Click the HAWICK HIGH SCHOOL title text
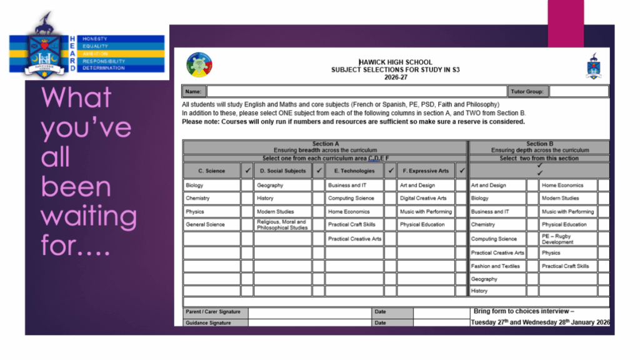click(x=395, y=62)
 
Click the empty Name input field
click(x=356, y=91)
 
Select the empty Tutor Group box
click(x=579, y=91)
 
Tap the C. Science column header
click(x=211, y=171)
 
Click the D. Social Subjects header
click(x=282, y=171)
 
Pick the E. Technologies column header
click(x=354, y=171)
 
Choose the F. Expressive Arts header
click(x=426, y=171)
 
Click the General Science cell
click(x=211, y=224)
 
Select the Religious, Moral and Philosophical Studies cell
click(x=282, y=224)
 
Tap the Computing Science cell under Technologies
click(x=354, y=198)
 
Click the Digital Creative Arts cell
click(x=426, y=198)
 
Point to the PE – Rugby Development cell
click(x=568, y=239)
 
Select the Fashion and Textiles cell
click(x=497, y=266)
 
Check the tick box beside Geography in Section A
click(x=318, y=185)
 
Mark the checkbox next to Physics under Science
click(x=247, y=211)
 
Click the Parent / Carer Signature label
click(x=212, y=312)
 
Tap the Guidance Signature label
click(x=208, y=323)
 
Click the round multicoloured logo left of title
click(x=199, y=64)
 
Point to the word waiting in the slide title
click(x=89, y=217)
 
